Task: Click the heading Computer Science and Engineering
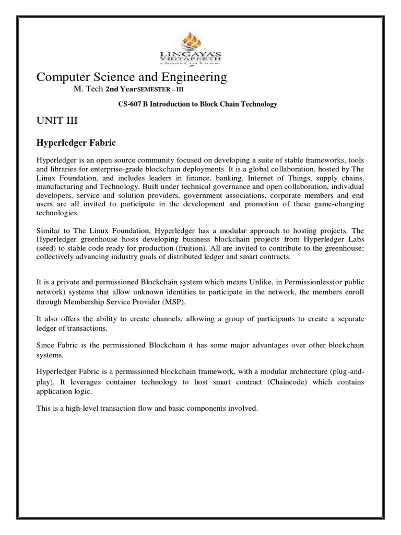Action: pos(131,77)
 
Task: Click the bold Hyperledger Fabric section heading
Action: pos(75,142)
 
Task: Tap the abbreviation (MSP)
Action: pos(172,303)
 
